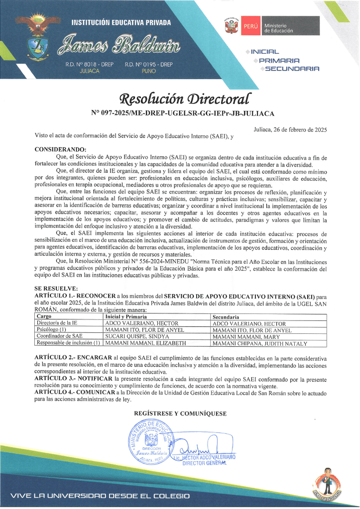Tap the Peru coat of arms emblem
[232, 26]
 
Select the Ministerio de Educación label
[278, 28]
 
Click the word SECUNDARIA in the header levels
[292, 69]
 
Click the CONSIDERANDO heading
[60, 149]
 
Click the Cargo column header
[44, 316]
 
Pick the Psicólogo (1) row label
[52, 330]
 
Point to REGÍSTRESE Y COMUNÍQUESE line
[180, 413]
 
